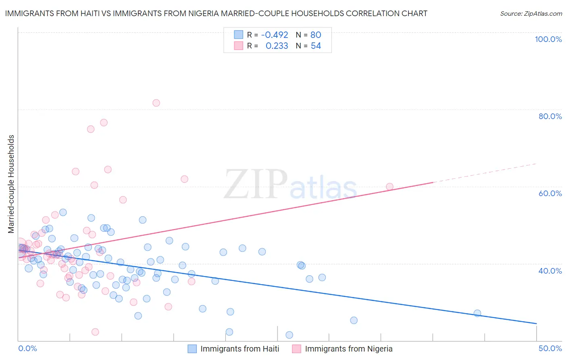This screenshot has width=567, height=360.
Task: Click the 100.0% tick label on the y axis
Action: pos(548,39)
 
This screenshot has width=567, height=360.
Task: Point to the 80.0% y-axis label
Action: pos(550,116)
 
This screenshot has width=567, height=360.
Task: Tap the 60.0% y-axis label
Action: pos(550,193)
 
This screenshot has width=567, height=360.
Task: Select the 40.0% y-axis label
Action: pos(550,270)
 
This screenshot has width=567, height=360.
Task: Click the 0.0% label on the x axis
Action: pos(27,348)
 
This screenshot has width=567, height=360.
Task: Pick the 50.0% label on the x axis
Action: pos(550,348)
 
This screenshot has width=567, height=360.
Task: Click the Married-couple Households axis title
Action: pos(11,184)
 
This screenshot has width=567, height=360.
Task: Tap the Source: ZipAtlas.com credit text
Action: pos(531,13)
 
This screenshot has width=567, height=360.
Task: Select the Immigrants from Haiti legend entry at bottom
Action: pos(240,349)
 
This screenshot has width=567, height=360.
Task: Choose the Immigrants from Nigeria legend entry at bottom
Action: pos(348,349)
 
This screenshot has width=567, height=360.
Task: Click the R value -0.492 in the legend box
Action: pos(275,35)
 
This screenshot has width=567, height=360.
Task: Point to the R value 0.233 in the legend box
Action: pos(277,46)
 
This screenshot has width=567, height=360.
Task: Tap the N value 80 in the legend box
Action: pos(316,35)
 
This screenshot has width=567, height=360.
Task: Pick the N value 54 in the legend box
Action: pos(316,46)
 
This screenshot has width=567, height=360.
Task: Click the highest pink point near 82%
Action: pos(156,103)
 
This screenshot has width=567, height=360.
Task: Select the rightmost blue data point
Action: pos(477,313)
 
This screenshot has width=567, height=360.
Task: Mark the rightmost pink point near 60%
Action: pos(390,186)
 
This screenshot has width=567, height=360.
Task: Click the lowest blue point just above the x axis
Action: pos(289,335)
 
